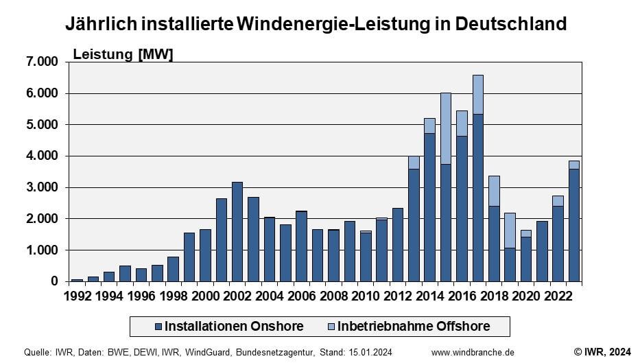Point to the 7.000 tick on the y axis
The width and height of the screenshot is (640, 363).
43,62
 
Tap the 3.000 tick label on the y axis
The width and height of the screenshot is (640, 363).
43,187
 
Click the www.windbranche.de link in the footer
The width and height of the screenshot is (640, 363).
473,352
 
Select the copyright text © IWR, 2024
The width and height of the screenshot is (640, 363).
602,352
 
